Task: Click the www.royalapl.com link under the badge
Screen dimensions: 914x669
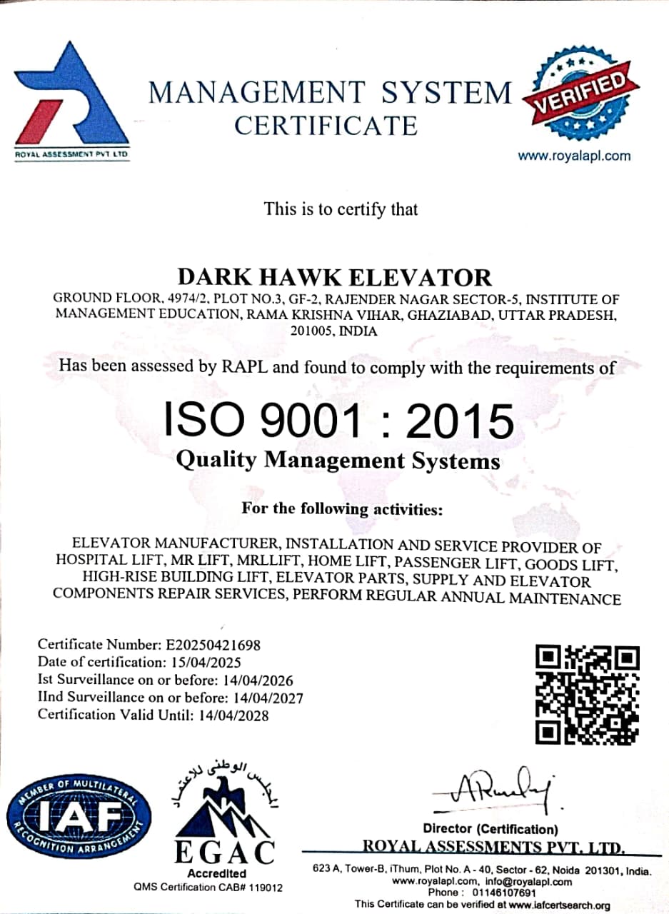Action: tap(574, 156)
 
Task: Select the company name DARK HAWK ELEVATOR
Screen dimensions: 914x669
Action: tap(335, 277)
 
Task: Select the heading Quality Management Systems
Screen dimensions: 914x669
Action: tap(338, 461)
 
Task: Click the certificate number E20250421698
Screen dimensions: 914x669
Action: tap(214, 645)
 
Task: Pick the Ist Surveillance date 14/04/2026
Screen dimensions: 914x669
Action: tap(258, 680)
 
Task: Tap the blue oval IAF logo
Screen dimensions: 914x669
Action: tap(79, 817)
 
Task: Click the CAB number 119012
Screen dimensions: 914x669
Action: tap(266, 888)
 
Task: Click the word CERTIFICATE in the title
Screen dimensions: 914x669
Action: tap(326, 126)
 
